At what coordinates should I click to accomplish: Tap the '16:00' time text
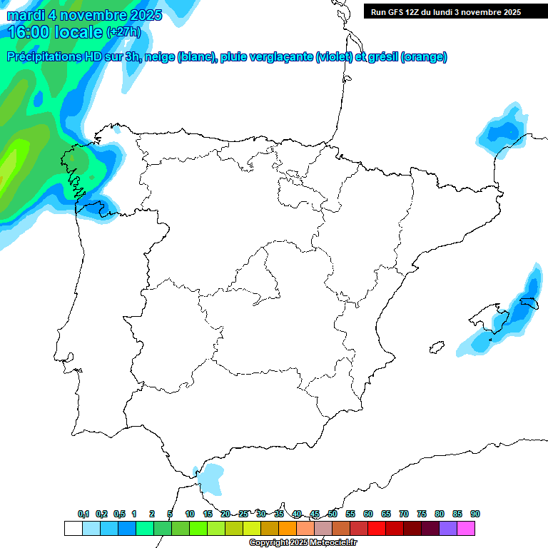pos(28,32)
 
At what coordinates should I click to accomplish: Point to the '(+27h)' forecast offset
pos(123,32)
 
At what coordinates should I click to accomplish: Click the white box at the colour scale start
pos(73,529)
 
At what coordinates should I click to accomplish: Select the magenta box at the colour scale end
pos(466,529)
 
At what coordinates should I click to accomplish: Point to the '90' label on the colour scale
pos(475,514)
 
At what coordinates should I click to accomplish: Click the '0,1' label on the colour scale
pos(83,514)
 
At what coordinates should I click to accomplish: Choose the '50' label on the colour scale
pos(333,514)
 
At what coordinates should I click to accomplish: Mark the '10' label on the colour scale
pos(190,514)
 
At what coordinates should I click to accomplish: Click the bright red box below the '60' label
pos(377,529)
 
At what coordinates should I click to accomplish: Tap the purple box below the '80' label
pos(448,529)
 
